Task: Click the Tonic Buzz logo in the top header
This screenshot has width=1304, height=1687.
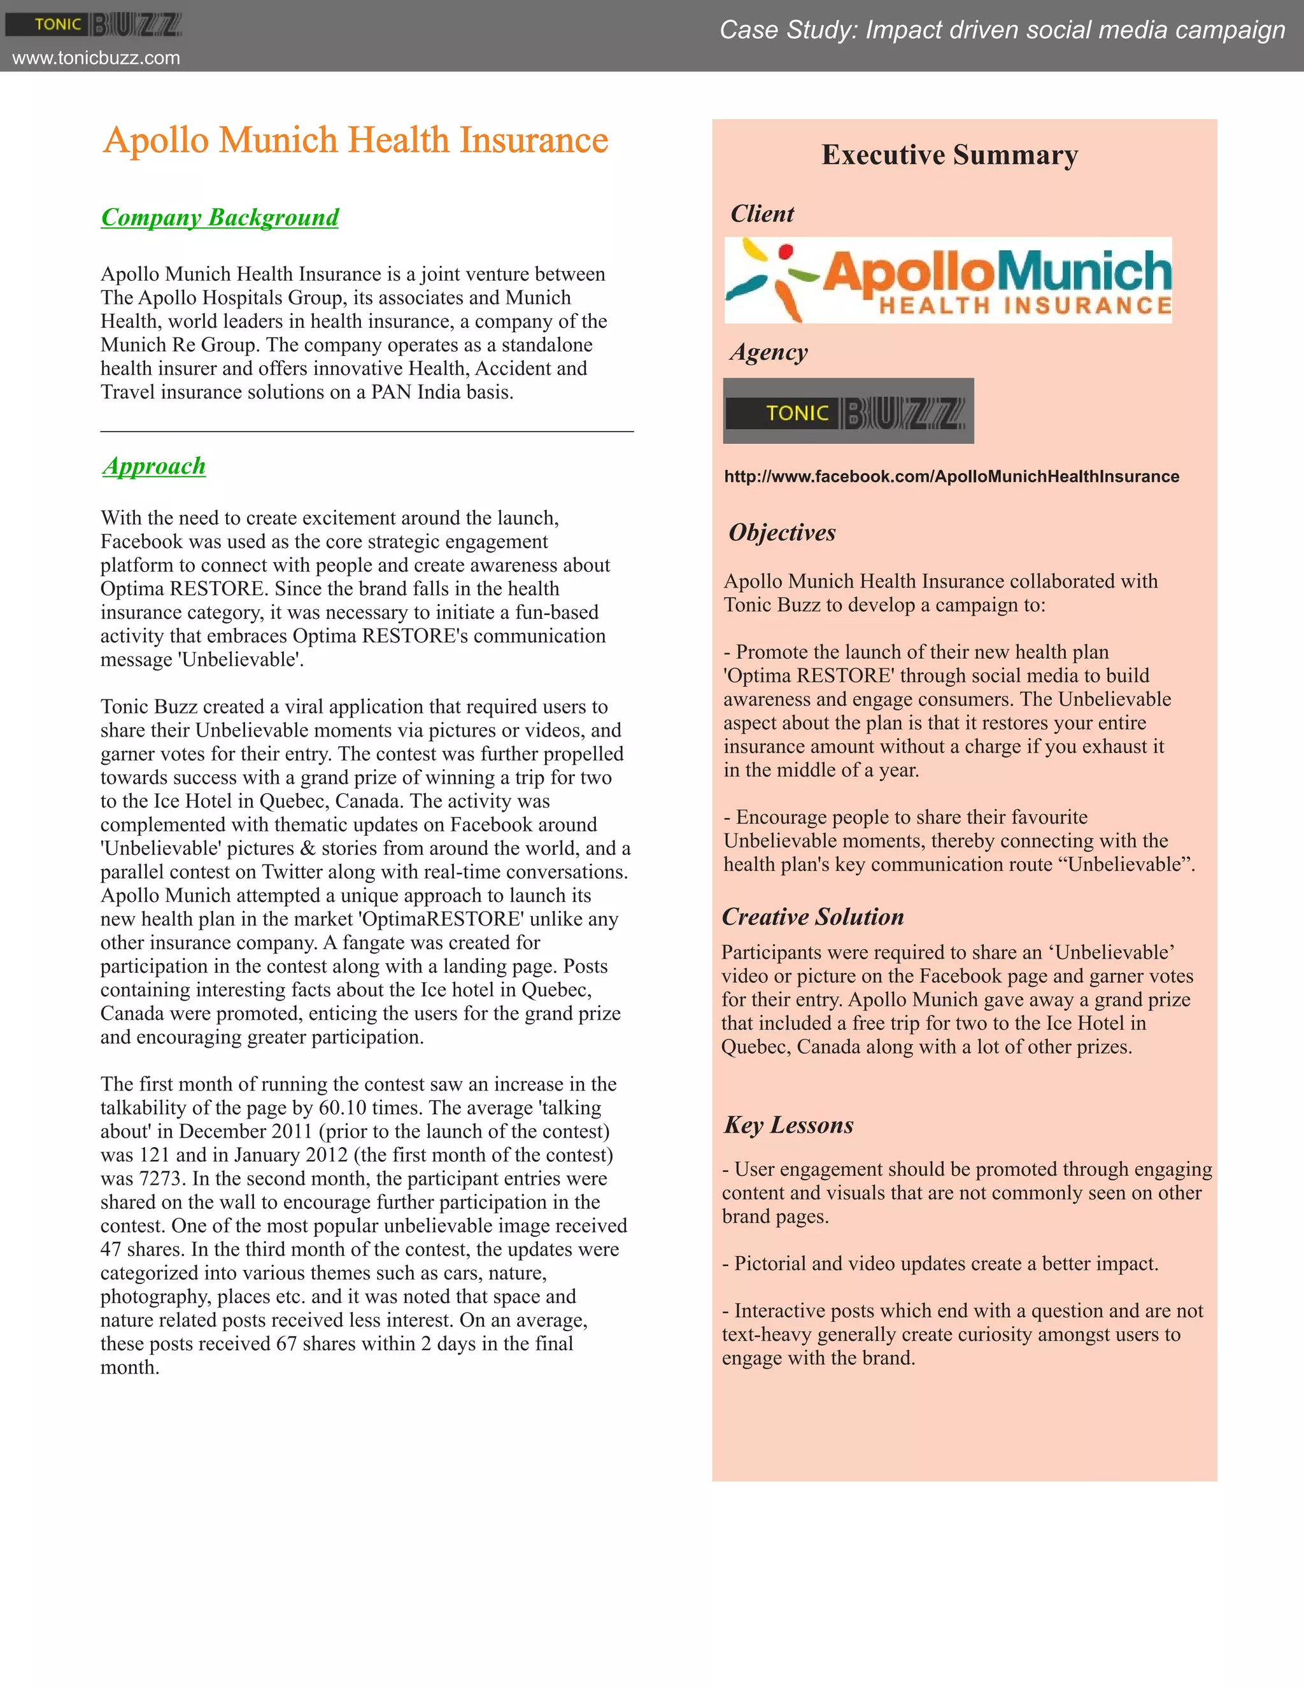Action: pos(94,25)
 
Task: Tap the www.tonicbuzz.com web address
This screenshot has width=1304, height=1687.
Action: pos(97,58)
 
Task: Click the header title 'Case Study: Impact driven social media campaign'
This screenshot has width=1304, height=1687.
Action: pos(1002,30)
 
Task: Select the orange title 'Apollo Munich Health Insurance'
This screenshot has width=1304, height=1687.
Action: pos(356,141)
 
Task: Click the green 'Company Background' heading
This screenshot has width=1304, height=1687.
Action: pos(220,218)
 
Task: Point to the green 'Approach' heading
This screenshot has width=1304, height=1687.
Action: pos(153,467)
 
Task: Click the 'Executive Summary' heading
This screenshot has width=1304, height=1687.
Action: pos(949,155)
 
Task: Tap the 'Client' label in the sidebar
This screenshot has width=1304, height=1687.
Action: pos(762,214)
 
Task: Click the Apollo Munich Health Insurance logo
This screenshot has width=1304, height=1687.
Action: pos(948,280)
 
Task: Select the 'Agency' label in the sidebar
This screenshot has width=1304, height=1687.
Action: pos(769,352)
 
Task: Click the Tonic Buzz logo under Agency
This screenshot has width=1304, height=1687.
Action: pos(848,411)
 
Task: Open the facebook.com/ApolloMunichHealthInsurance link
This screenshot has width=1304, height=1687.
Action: pos(951,477)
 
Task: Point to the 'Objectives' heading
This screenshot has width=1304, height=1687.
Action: pos(782,533)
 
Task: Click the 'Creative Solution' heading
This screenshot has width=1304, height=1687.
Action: pos(812,917)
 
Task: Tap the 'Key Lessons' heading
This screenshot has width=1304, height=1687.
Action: pos(789,1126)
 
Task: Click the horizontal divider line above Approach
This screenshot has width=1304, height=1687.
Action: pos(367,432)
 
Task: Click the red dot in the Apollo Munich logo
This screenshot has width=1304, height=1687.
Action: pos(786,251)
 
